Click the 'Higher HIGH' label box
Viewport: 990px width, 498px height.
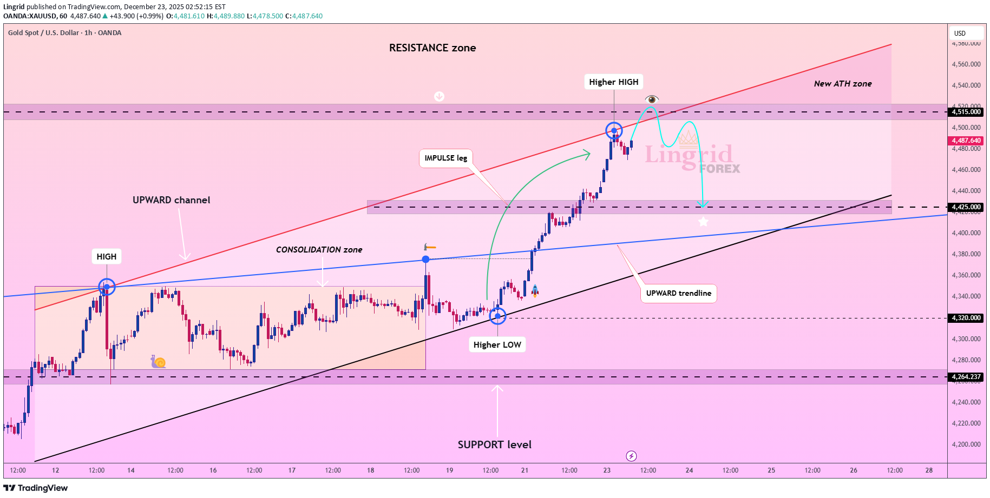coord(613,82)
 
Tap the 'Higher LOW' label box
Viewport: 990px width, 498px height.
coord(497,345)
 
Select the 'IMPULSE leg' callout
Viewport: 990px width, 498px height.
coord(445,158)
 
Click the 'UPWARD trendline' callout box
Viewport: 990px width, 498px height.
coord(678,293)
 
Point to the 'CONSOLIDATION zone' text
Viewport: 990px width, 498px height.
coord(319,250)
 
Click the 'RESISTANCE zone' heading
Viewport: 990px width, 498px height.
coord(432,48)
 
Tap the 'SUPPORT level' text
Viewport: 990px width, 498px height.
coord(494,444)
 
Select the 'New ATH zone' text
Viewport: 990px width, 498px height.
coord(842,84)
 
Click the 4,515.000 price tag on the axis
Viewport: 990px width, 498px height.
coord(966,112)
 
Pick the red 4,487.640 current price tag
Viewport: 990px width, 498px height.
coord(966,141)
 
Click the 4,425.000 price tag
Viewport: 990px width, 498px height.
coord(966,207)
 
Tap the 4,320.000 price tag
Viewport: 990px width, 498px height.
coord(966,318)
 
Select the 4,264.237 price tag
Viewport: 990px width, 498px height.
coord(966,377)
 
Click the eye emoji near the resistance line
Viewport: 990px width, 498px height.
coord(652,99)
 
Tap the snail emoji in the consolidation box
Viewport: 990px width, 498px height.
coord(158,362)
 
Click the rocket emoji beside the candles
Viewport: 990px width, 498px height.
coord(535,291)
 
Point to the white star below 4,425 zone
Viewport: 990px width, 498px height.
coord(703,222)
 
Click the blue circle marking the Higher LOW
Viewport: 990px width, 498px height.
coord(497,316)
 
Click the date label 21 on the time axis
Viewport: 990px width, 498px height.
coord(524,470)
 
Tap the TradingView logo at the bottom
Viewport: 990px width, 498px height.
coord(36,488)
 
